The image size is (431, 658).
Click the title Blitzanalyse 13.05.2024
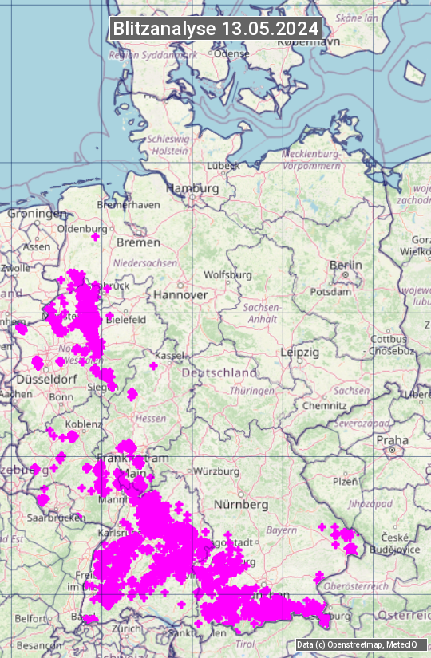(x=215, y=28)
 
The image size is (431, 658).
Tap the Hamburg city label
(x=192, y=188)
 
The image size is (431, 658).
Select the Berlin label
(x=346, y=265)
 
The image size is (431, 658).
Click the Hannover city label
(x=180, y=294)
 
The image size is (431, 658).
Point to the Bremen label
(x=138, y=242)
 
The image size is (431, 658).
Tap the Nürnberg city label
(x=241, y=505)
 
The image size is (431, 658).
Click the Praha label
(x=393, y=439)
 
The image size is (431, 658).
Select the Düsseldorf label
(x=45, y=379)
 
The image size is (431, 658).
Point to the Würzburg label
(x=216, y=470)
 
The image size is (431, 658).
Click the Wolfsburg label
(x=227, y=274)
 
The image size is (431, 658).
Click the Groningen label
(x=38, y=214)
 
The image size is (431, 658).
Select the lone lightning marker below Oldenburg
(x=96, y=237)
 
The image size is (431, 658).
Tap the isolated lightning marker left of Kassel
(x=153, y=366)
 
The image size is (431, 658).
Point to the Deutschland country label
(x=219, y=372)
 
